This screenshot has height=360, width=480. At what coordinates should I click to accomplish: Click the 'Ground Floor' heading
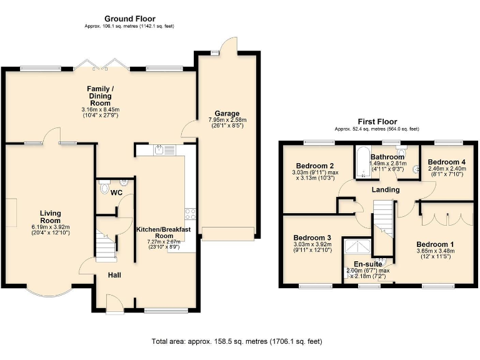pos(130,19)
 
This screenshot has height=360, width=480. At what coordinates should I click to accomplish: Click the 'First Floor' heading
pos(377,121)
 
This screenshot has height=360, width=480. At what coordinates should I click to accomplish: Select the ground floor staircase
pos(106,244)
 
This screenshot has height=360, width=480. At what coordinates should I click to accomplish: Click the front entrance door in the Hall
pos(114,304)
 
